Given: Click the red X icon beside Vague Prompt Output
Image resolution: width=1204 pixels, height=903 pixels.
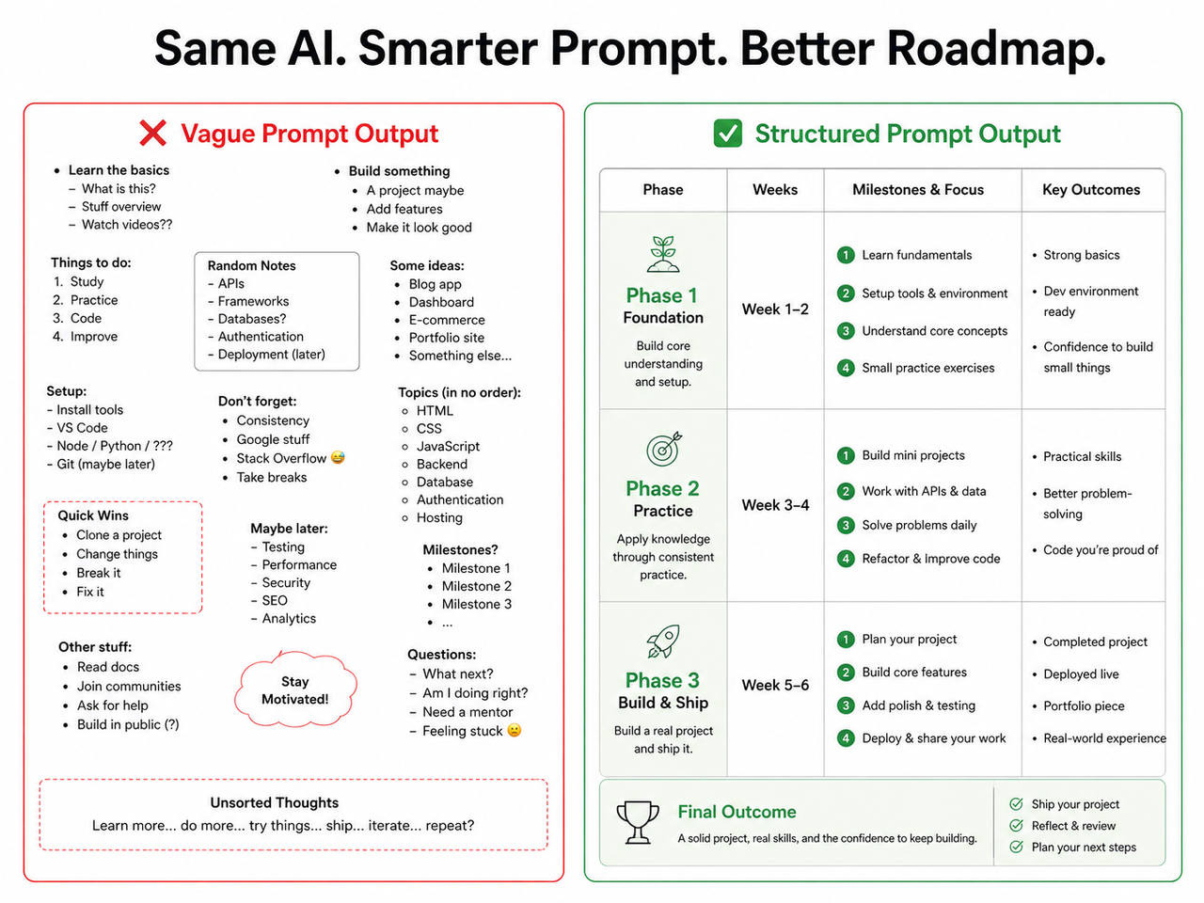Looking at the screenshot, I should (152, 134).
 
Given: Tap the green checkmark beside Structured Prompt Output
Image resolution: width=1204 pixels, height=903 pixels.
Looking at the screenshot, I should (728, 134).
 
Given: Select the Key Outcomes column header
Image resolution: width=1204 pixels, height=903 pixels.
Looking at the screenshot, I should (1091, 189).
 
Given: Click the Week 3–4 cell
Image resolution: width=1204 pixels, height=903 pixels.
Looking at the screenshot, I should (775, 505).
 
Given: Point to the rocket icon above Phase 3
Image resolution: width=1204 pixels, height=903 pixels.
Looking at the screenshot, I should (663, 642).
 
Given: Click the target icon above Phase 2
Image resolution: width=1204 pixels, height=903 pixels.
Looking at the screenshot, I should (663, 450).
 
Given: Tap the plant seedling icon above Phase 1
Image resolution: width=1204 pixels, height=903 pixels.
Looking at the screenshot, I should (663, 254).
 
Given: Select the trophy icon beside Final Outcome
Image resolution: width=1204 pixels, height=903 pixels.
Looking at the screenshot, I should (637, 821).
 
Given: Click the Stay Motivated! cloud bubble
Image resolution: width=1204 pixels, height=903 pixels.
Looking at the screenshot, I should (295, 690).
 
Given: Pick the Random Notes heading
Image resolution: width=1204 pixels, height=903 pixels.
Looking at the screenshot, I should (251, 266).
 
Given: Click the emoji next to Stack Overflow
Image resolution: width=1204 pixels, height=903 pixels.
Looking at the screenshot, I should (338, 458).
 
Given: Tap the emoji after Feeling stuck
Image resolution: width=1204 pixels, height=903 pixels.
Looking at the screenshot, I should (515, 731).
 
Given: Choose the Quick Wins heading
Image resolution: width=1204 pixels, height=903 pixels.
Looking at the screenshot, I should (93, 515).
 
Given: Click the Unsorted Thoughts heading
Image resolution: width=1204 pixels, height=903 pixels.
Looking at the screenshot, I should (275, 802).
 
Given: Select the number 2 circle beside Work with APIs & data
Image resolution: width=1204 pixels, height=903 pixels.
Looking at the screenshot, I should (846, 491).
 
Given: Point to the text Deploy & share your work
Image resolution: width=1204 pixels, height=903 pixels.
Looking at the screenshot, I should (933, 738).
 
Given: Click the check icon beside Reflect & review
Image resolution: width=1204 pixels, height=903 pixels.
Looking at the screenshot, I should (1016, 826).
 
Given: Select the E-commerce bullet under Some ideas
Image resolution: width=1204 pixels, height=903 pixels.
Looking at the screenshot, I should (446, 320).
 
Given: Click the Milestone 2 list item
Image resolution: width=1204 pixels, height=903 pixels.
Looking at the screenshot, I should (477, 586).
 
